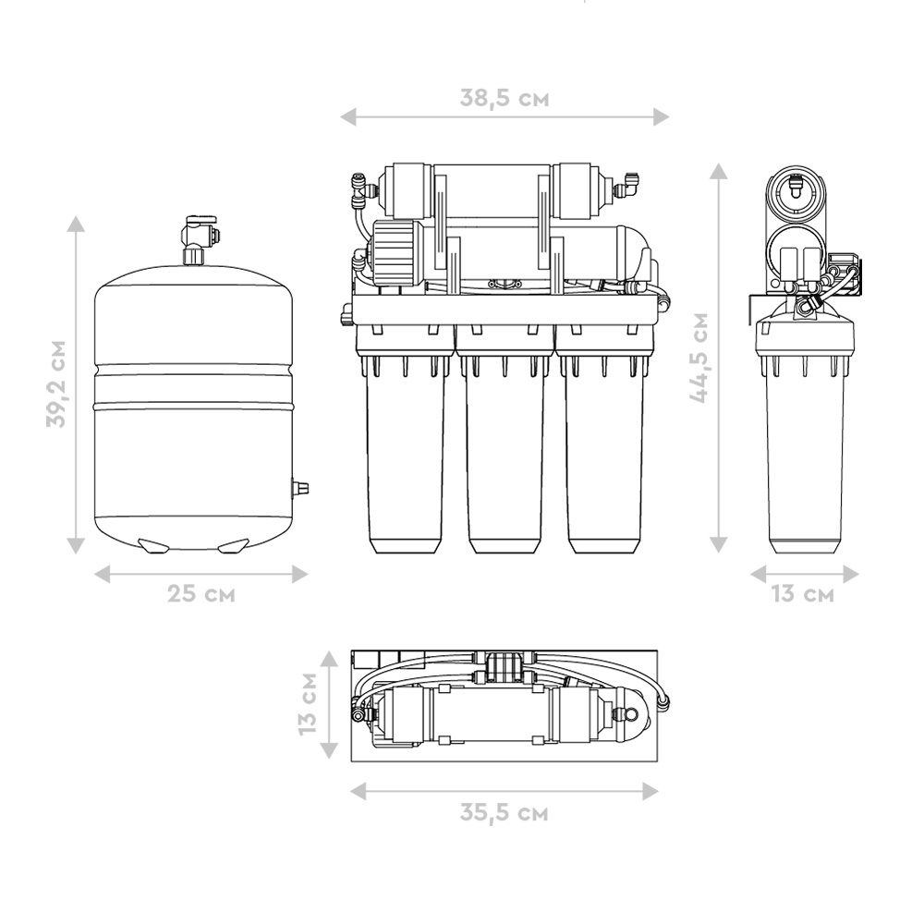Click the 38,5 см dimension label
tap(505, 98)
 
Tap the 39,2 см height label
tap(56, 383)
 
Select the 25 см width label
tap(201, 593)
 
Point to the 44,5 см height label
tap(699, 358)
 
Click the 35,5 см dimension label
tap(504, 812)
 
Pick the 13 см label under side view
tap(803, 593)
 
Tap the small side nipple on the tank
tap(299, 487)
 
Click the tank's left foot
tap(152, 546)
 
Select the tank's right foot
tap(234, 546)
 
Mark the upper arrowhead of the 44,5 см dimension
tap(718, 172)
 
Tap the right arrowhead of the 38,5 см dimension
tap(661, 116)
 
